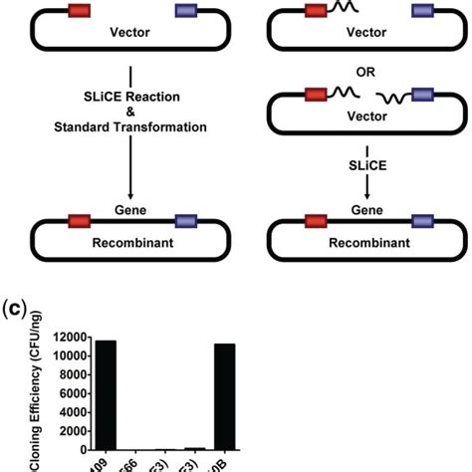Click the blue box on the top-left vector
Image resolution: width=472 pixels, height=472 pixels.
(x=186, y=11)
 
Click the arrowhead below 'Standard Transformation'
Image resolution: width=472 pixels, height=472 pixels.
(x=132, y=196)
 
